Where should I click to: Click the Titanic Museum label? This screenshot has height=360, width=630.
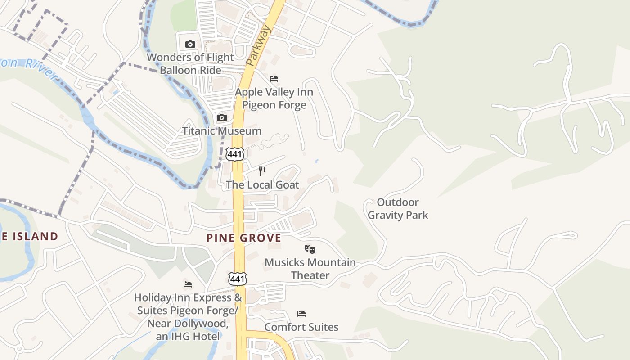(221, 131)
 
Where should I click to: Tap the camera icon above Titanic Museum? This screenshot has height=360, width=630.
(221, 118)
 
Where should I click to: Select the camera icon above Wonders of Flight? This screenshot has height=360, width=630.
(190, 44)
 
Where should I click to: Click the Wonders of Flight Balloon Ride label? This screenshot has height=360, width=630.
(190, 64)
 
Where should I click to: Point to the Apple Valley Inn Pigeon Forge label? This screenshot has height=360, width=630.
(274, 99)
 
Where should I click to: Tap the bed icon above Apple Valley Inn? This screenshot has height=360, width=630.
(274, 79)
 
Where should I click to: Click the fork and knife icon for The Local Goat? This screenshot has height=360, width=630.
(262, 171)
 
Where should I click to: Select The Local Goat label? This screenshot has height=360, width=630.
(262, 185)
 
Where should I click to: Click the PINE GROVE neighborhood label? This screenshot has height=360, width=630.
(244, 238)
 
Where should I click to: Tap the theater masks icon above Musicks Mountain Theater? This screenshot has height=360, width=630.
(310, 249)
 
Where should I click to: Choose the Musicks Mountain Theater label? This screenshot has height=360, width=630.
(310, 269)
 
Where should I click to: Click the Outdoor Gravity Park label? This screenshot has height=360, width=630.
(398, 209)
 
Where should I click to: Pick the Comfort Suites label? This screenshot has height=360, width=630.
(301, 327)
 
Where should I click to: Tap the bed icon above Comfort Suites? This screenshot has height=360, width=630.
(301, 314)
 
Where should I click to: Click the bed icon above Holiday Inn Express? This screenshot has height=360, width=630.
(188, 284)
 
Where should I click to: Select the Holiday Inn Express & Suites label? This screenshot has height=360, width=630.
(188, 317)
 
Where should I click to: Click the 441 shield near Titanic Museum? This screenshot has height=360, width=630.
(235, 154)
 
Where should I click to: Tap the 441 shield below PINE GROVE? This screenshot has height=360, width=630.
(237, 279)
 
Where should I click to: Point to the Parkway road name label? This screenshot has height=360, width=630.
(259, 46)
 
